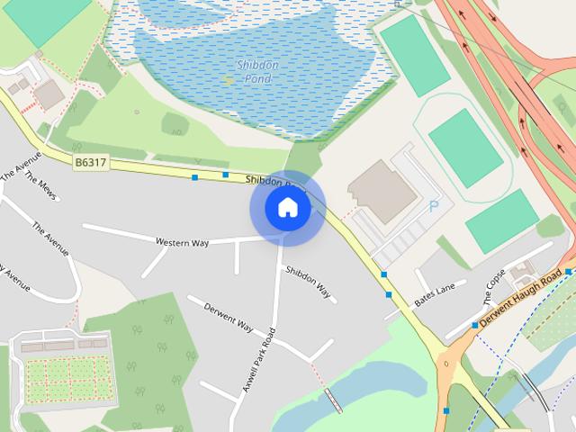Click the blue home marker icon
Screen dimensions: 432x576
click(x=287, y=208)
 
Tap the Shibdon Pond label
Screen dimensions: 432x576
click(x=257, y=72)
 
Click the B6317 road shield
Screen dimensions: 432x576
click(x=90, y=162)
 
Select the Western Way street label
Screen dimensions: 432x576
click(x=182, y=242)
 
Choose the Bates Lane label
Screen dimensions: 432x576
click(x=436, y=293)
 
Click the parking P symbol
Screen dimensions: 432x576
click(x=434, y=206)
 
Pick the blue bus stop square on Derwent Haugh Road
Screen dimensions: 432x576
click(x=475, y=325)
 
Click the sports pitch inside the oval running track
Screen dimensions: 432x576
click(x=465, y=147)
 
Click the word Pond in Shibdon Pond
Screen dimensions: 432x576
click(x=257, y=79)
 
